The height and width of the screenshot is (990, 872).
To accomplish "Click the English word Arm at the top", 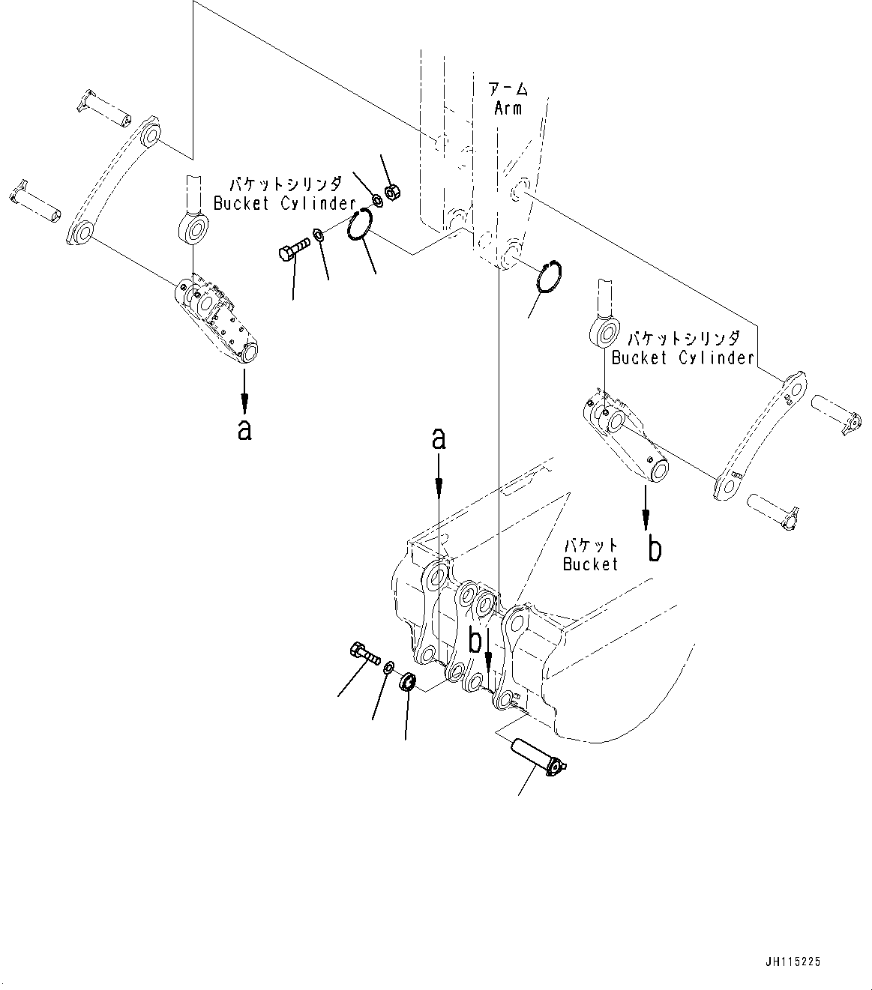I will point(508,108).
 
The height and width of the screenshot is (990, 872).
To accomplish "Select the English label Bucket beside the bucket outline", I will point(590,564).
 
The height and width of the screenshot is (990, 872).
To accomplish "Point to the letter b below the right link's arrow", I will point(655,551).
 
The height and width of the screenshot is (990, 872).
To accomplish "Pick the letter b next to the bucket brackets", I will point(475,642).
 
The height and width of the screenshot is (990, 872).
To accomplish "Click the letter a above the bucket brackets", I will point(439,439).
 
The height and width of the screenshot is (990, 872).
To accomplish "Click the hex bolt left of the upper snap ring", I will point(292,250).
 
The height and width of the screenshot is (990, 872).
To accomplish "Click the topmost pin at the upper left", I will point(103,108).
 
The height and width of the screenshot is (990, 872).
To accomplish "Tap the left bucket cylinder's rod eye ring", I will point(193,227).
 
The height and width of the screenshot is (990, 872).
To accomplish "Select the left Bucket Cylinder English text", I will point(284,203).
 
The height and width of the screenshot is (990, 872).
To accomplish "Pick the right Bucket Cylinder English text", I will point(682,357).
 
